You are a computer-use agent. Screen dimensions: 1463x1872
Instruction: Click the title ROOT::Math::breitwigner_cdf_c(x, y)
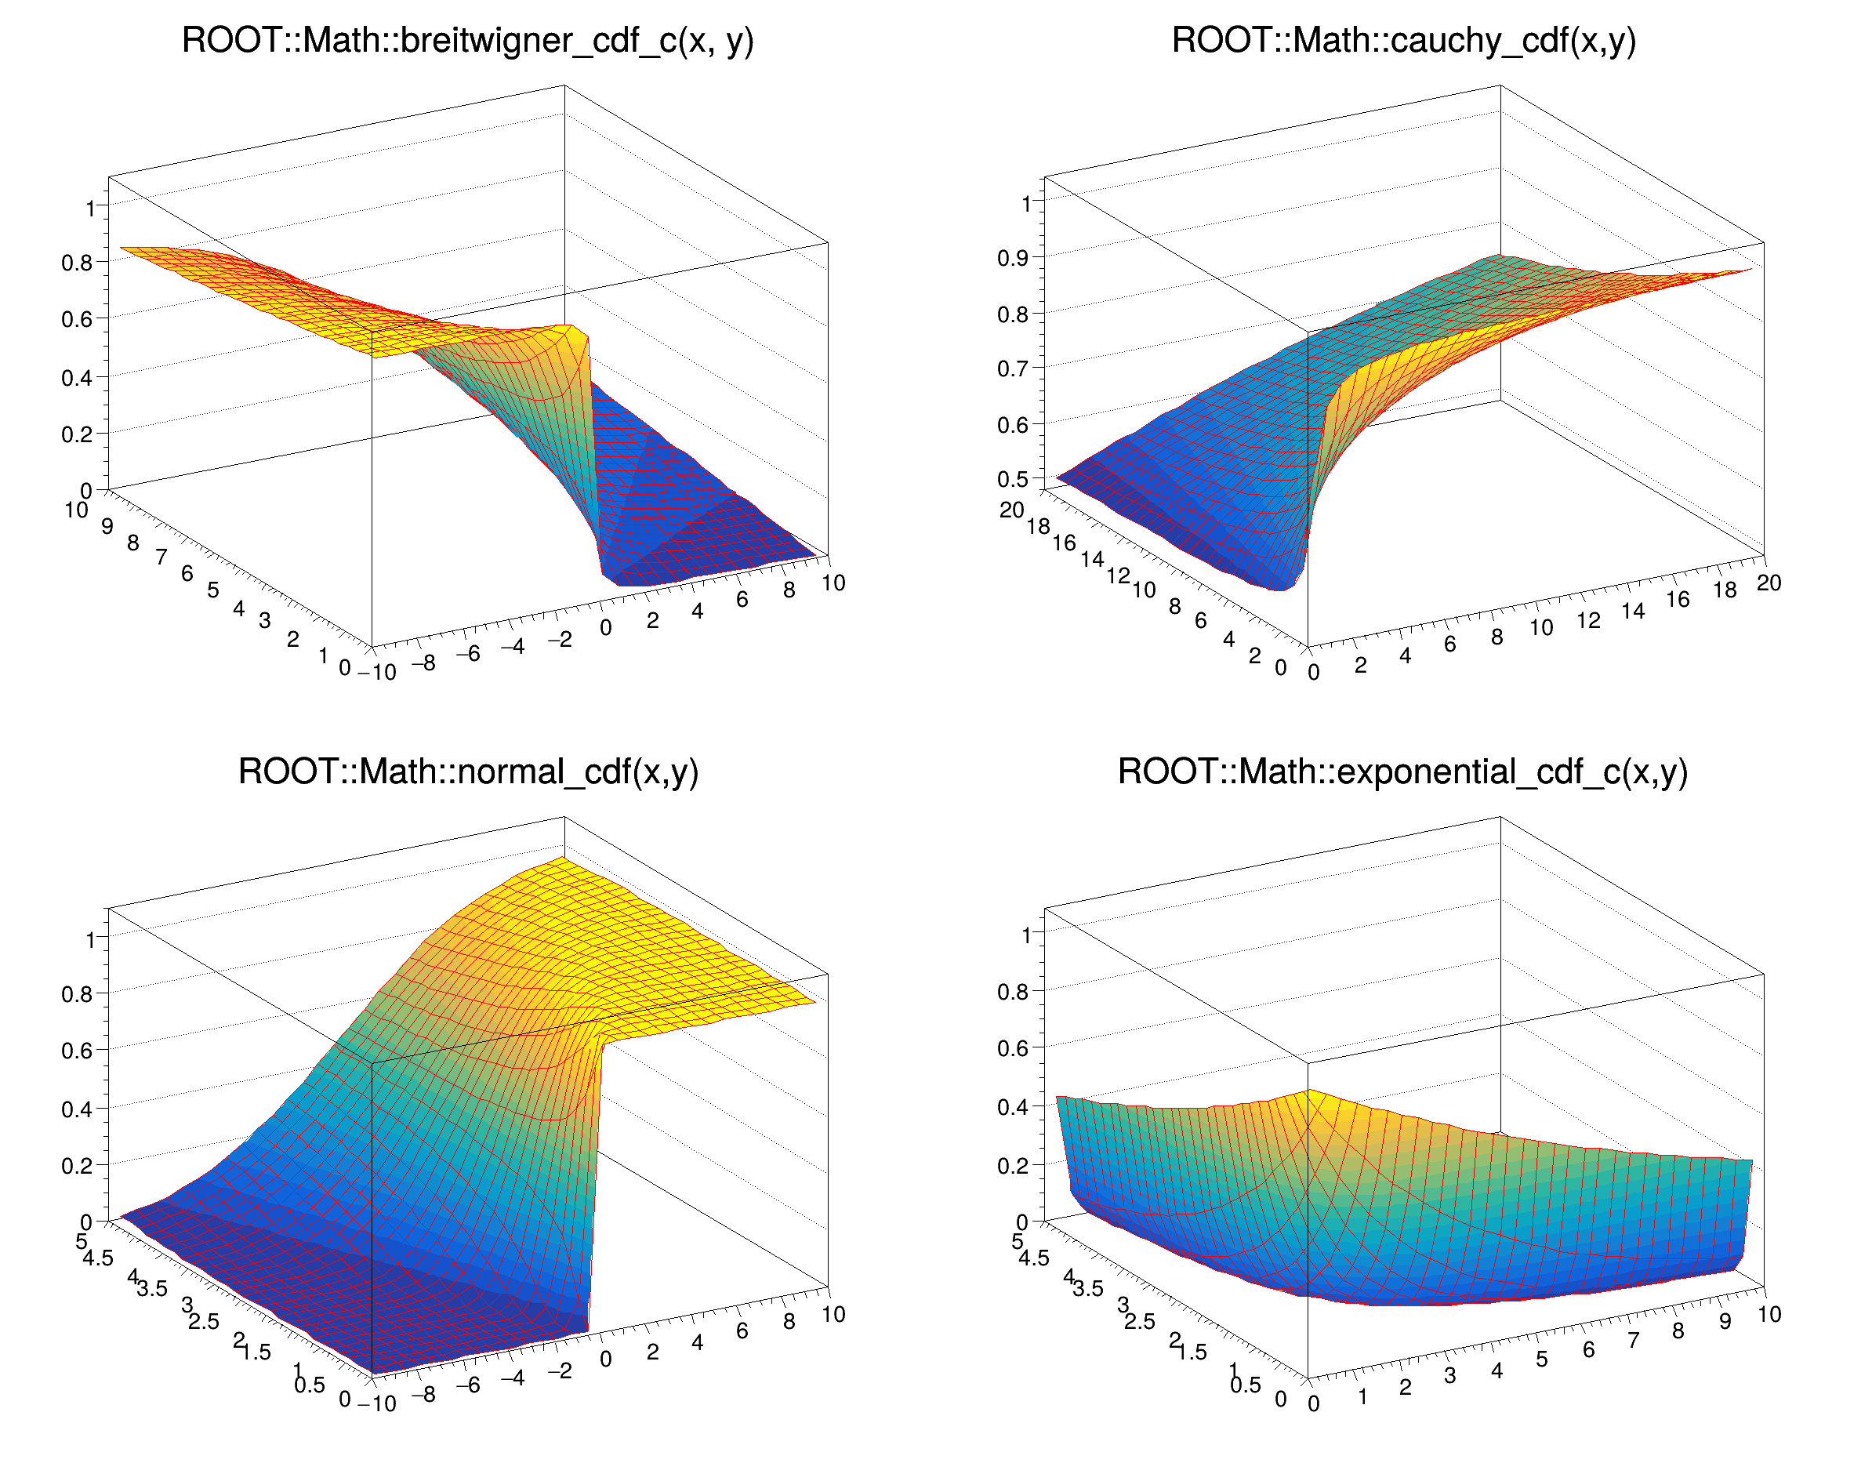467,40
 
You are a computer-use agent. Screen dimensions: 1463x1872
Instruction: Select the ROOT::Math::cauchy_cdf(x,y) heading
1404,40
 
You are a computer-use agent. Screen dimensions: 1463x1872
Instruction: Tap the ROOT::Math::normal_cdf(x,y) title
468,771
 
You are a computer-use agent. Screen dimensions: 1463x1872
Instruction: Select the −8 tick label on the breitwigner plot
423,663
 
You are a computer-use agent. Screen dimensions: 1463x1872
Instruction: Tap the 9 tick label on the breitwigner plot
107,525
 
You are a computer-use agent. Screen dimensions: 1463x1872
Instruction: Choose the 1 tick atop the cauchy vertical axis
1026,204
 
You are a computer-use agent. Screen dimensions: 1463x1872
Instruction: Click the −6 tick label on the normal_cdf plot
468,1385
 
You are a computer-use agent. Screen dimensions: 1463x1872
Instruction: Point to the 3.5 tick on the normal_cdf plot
153,1288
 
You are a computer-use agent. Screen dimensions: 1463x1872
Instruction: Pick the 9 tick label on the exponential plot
1725,1322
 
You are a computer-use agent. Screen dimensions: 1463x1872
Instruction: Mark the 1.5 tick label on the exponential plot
1192,1352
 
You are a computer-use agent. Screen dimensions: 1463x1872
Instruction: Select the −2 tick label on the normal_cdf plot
560,1370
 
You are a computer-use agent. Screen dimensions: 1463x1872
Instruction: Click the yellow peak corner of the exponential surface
1308,1091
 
